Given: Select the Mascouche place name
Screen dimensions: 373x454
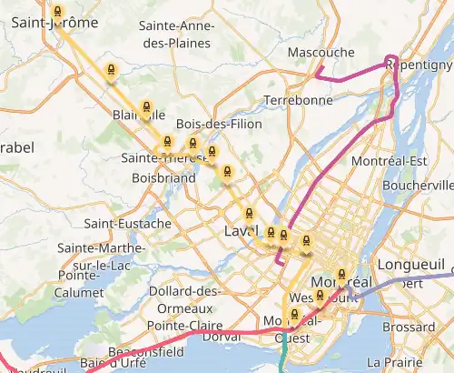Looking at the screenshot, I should click(321, 53).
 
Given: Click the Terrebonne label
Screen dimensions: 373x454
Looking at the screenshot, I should click(298, 100).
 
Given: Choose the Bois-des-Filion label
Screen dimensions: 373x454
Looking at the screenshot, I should click(219, 124).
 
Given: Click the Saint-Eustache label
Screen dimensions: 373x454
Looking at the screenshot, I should click(127, 223).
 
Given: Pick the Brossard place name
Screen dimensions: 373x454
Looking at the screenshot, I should click(409, 326).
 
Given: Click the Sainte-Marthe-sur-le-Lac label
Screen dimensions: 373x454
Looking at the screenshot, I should click(98, 255).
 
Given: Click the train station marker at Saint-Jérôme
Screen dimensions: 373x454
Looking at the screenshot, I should click(58, 12).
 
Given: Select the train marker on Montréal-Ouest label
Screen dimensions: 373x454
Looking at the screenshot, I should click(293, 315).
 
